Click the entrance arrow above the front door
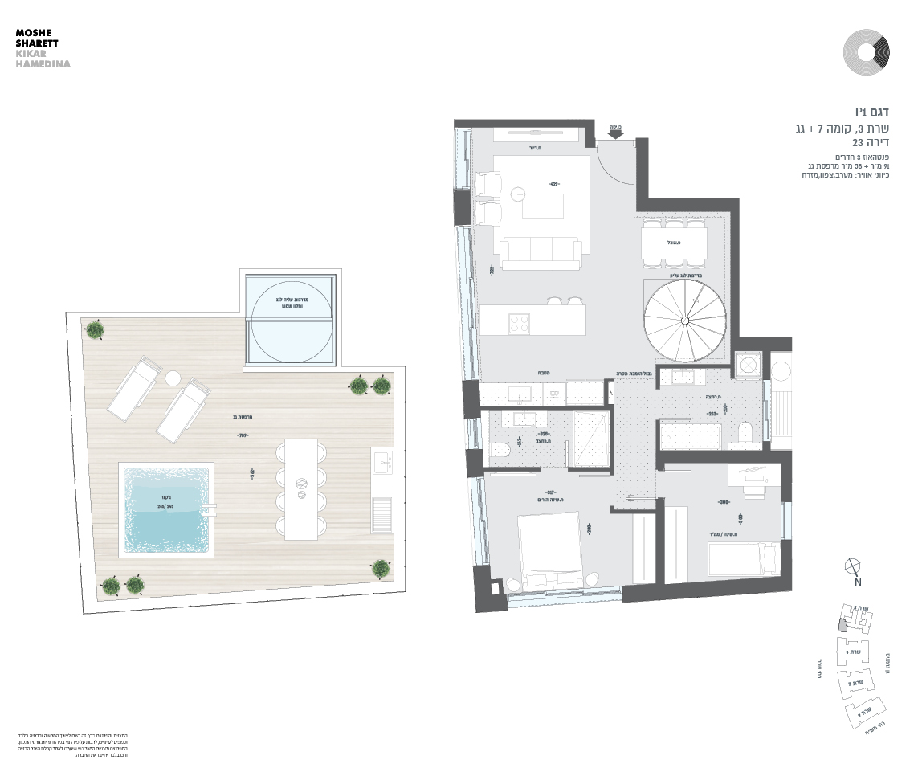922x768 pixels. point(616,135)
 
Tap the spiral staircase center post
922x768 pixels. point(684,321)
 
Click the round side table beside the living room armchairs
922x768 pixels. point(517,193)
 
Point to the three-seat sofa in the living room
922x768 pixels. point(541,253)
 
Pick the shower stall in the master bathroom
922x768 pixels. point(591,437)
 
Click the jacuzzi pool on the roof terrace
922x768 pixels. point(167,510)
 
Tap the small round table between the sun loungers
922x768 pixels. point(173,378)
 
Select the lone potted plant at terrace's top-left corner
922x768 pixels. point(96,329)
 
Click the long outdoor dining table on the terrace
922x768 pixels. point(301,488)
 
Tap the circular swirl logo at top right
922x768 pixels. point(867,52)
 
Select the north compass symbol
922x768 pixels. point(854,567)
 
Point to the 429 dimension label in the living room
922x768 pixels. point(553,184)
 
